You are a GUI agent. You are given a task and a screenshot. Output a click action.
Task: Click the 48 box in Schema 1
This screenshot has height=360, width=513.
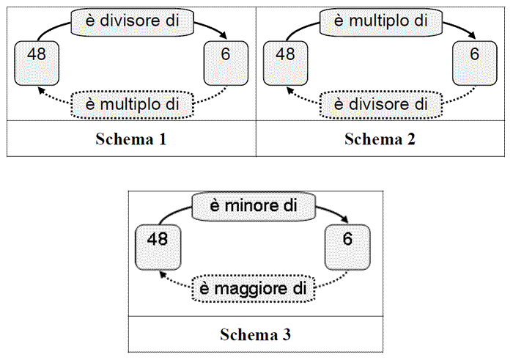[37, 63]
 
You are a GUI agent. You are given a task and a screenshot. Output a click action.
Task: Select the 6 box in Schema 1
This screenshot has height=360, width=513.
[226, 63]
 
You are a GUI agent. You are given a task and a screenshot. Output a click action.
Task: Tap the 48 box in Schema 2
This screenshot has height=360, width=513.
[285, 63]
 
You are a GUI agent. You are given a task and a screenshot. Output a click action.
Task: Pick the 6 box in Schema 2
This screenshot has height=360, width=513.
[475, 63]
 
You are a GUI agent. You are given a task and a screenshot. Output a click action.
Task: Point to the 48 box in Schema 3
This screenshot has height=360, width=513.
[158, 247]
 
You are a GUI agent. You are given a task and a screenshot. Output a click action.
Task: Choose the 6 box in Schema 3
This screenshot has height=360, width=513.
[347, 247]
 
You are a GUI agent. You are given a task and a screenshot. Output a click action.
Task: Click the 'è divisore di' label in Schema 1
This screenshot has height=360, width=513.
[132, 21]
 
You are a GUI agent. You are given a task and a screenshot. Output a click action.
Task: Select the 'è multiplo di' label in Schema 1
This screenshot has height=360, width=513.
[132, 105]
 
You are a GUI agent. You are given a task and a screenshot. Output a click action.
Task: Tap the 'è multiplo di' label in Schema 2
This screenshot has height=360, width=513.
[381, 21]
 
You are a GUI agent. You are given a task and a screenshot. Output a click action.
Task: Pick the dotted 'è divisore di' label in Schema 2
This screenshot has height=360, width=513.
[381, 105]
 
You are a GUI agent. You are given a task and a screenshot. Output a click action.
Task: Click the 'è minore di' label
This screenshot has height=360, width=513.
[254, 207]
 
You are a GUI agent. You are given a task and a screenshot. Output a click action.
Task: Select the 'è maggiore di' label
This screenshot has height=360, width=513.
[254, 289]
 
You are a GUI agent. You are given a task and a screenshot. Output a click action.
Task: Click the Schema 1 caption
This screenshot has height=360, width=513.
[131, 139]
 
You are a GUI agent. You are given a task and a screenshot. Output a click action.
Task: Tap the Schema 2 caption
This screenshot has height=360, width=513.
[380, 139]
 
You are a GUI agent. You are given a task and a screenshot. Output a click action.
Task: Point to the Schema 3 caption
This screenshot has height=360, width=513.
[256, 334]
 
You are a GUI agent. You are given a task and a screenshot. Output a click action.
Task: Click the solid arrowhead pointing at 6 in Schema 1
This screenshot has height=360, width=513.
[224, 35]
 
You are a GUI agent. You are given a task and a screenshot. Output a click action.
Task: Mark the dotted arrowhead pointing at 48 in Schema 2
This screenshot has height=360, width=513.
[290, 90]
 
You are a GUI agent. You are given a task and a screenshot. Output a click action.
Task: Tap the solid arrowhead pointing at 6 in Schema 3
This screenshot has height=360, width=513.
[345, 219]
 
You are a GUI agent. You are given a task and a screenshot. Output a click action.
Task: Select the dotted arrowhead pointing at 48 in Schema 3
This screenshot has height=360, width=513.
[163, 274]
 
